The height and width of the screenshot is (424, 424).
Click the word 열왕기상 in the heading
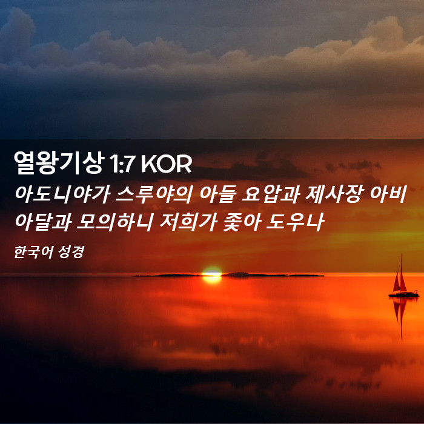59,162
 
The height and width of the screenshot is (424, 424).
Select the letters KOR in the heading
167,164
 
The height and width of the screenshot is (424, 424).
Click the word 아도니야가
62,194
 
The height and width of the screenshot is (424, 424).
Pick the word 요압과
270,194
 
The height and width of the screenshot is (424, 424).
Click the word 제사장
333,194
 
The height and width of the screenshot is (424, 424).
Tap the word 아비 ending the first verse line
388,194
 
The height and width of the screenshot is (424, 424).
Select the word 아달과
43,222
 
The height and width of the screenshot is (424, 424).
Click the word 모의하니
115,222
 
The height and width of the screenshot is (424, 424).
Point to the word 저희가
188,222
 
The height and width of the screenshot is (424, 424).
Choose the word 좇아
242,222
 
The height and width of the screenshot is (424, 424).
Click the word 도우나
295,222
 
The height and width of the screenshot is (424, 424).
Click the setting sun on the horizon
212,275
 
